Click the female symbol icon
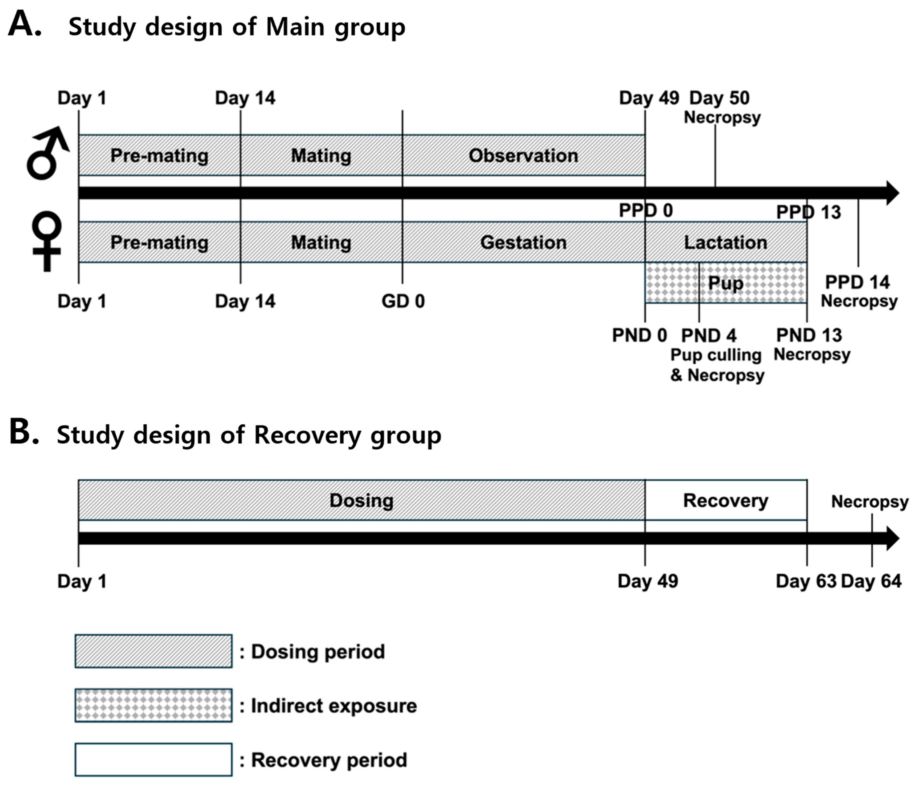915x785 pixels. click(x=46, y=241)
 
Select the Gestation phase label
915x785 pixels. click(x=523, y=242)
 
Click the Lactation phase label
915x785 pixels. click(x=726, y=242)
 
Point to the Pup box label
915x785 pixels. click(x=726, y=283)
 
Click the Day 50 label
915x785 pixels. click(x=719, y=98)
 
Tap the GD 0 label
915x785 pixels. click(x=403, y=301)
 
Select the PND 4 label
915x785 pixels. click(x=709, y=336)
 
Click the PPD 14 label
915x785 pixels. click(x=857, y=282)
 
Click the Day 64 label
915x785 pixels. click(x=871, y=581)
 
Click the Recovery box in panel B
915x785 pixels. click(x=726, y=500)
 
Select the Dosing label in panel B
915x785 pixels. click(x=361, y=500)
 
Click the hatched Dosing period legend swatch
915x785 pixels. click(x=153, y=651)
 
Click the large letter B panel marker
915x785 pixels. click(x=24, y=432)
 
